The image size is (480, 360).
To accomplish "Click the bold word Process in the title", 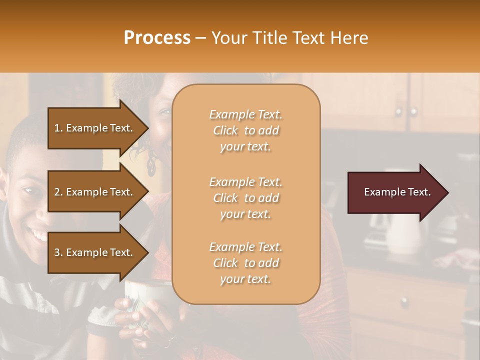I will click(157, 38).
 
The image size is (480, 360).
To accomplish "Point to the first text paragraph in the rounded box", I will click(245, 130).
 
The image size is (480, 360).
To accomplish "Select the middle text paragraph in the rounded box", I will click(245, 198).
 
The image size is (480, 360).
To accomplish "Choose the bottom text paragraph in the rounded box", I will click(245, 263).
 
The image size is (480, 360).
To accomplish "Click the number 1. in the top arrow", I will click(58, 128).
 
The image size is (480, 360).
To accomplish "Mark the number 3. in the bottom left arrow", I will click(58, 252).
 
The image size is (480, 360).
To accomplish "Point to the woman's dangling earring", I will click(151, 165).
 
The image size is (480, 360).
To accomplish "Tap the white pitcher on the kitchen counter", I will click(403, 232).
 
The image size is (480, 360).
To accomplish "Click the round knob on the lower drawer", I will click(404, 302).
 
